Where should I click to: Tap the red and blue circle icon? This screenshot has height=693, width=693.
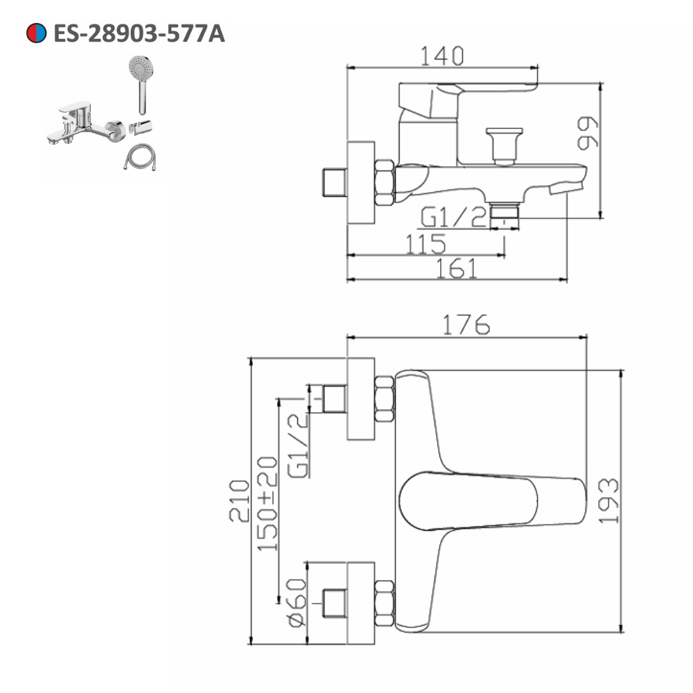(x=36, y=33)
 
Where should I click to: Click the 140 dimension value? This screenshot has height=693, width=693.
(x=442, y=55)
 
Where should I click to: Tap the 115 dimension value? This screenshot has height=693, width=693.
(x=425, y=243)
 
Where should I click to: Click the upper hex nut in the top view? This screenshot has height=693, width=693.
(x=385, y=398)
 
